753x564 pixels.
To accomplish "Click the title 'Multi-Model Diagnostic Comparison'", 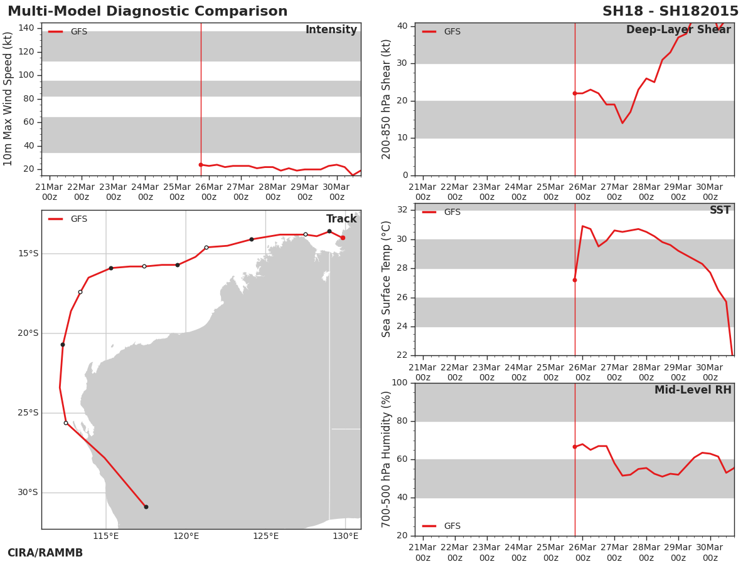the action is coord(147,11).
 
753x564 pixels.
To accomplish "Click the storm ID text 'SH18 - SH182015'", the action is coord(670,11).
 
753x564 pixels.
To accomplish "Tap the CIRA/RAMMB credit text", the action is coord(45,553).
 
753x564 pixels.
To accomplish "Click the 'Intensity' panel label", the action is coord(331,30).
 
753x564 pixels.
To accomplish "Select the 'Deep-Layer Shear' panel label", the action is coord(678,30).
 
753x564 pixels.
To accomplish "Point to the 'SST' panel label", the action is coord(720,210).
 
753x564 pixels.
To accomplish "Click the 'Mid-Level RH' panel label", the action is coord(693,390).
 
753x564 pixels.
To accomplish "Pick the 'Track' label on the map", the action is coord(341,219).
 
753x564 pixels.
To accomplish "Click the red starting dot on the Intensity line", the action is coord(201,165).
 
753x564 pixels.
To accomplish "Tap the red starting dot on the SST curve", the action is coord(575,280).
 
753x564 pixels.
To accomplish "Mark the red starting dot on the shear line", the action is coord(575,93).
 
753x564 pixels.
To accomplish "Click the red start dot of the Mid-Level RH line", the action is coord(575,447).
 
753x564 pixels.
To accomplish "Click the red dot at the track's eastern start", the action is coord(343,238).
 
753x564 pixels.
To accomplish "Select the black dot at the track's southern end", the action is coord(146,507).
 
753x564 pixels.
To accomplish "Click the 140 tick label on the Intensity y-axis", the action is coord(26,28).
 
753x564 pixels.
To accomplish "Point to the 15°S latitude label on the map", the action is coord(28,253).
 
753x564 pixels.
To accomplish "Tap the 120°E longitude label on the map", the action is coord(186,536).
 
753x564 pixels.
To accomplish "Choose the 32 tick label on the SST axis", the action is coord(402,209).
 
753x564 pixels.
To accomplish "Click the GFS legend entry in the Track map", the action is coord(68,219).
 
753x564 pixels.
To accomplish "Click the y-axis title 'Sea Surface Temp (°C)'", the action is coord(386,279).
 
